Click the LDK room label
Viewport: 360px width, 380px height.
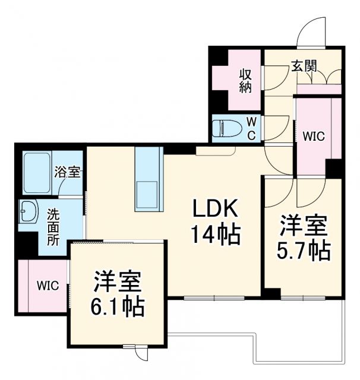[214, 210]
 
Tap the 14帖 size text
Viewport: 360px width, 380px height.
[214, 235]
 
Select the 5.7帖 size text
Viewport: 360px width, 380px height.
[303, 251]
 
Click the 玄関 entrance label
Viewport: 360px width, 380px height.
[303, 66]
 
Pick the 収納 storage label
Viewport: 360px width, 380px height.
[245, 81]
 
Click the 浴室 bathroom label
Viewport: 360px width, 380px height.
[67, 173]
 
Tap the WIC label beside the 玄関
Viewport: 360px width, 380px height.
[314, 136]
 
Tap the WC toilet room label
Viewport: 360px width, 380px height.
[251, 128]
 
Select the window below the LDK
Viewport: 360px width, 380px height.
[214, 296]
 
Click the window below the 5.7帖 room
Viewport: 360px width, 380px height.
[304, 296]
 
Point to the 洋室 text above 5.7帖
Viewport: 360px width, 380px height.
[303, 226]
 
